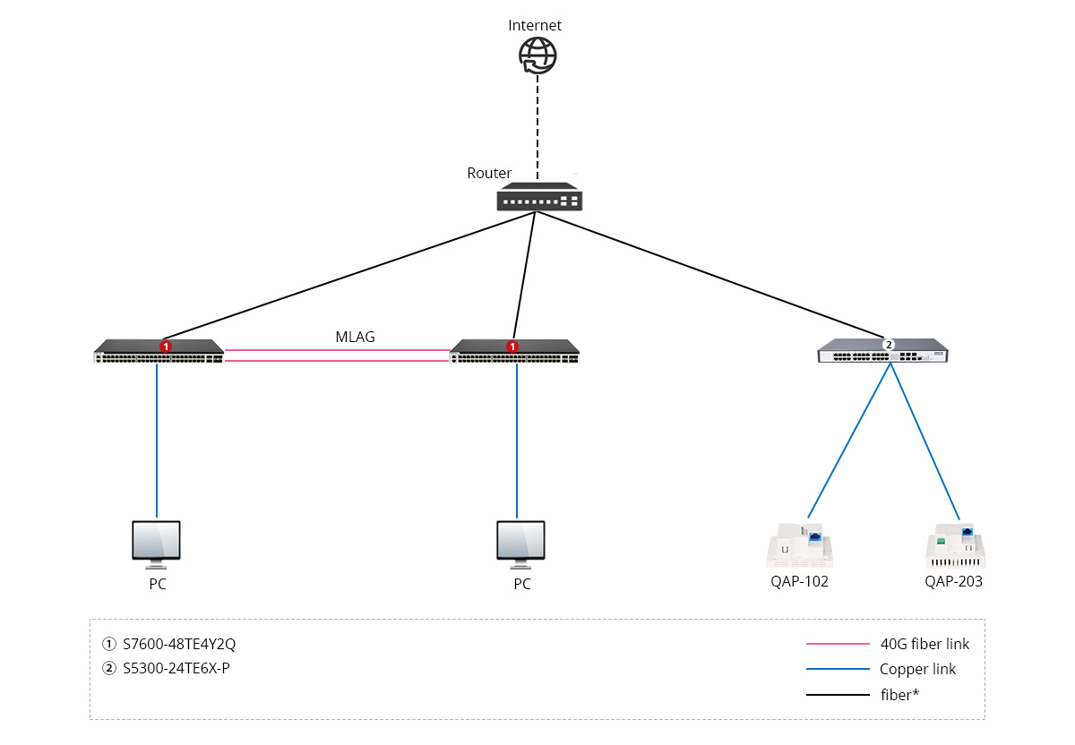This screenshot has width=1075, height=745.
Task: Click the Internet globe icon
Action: coord(537,56)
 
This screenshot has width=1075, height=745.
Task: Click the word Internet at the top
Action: coord(535,25)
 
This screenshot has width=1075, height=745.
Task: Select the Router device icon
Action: coord(539,198)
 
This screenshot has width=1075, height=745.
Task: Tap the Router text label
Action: coord(489,174)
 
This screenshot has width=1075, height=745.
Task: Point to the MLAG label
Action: coord(356,338)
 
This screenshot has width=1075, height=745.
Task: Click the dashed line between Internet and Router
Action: coord(537,125)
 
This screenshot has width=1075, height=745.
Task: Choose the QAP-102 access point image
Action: coord(800,545)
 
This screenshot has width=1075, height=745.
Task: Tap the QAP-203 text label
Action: coord(953,582)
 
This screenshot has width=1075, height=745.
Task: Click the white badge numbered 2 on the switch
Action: coord(889,344)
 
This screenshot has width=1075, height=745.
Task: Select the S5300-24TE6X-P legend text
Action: coord(176,668)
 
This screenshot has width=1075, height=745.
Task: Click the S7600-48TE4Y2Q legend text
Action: coord(179,644)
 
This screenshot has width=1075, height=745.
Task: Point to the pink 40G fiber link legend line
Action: coord(838,644)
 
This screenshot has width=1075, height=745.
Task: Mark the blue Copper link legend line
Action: coord(838,669)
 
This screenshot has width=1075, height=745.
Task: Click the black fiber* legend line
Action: coord(838,694)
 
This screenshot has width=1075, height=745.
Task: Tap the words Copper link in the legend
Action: coord(917,669)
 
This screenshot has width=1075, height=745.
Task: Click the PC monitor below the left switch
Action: coord(157,544)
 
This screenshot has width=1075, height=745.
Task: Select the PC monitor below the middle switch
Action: coord(521,544)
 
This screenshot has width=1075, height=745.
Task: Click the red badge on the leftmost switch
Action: coord(165,346)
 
